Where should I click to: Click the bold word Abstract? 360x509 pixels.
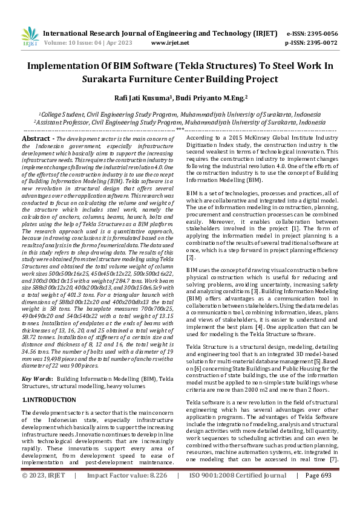point(35,139)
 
